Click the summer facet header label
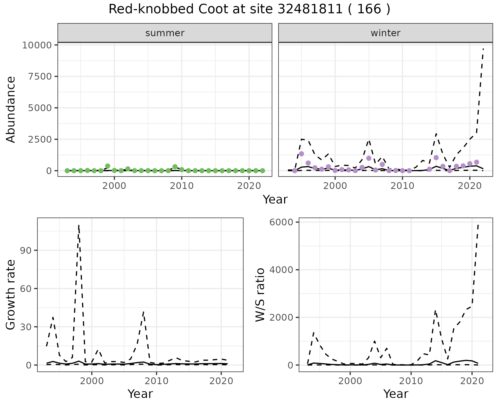click(x=165, y=33)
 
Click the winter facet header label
click(x=385, y=33)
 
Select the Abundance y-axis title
click(x=11, y=109)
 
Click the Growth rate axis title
click(x=11, y=295)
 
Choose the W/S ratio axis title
click(x=260, y=295)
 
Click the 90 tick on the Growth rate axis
click(x=25, y=250)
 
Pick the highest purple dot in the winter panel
click(x=301, y=154)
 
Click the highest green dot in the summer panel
click(x=108, y=166)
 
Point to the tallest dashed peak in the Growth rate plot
click(x=79, y=225)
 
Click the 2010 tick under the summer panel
click(x=182, y=186)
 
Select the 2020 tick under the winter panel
click(x=470, y=186)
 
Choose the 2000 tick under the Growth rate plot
click(x=92, y=381)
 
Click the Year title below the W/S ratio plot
click(x=396, y=394)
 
